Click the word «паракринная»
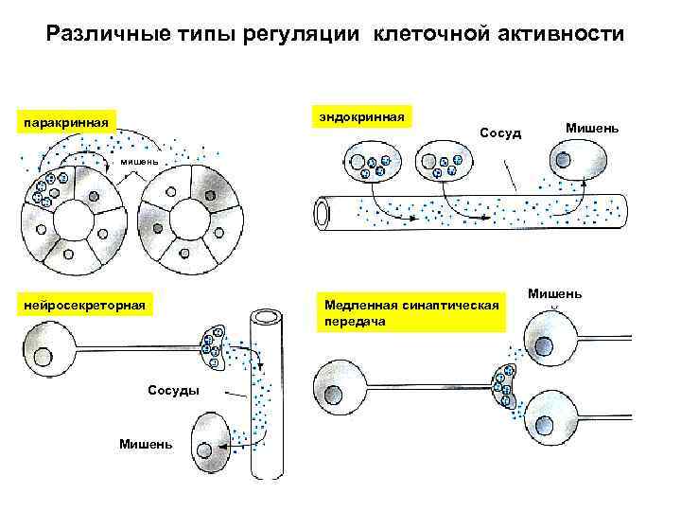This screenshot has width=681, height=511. (69, 122)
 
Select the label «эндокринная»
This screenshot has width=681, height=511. (362, 116)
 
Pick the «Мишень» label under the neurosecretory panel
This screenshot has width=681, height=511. (146, 444)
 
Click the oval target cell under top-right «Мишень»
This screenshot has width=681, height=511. (579, 162)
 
